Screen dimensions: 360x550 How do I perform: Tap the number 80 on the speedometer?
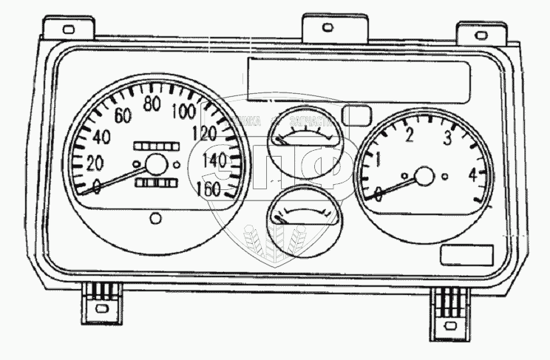click(x=153, y=103)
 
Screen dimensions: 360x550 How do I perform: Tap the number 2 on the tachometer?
click(x=409, y=135)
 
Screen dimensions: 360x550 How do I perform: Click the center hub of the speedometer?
click(x=156, y=165)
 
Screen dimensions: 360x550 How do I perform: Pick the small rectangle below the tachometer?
click(x=466, y=255)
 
